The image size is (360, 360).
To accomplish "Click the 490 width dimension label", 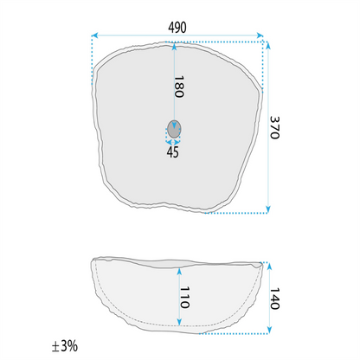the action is pyautogui.click(x=177, y=28).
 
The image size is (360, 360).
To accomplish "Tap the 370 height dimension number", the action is pyautogui.click(x=274, y=127).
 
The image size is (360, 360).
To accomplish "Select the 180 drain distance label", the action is pyautogui.click(x=179, y=87).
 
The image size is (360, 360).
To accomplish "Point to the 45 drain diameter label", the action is pyautogui.click(x=172, y=152).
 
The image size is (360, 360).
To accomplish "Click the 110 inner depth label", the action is pyautogui.click(x=184, y=298).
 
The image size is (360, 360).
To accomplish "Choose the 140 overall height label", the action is pyautogui.click(x=274, y=299).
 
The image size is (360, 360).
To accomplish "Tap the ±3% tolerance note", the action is pyautogui.click(x=65, y=345).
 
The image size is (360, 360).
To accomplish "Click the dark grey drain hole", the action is pyautogui.click(x=174, y=129).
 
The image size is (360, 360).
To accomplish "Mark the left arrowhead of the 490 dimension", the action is pyautogui.click(x=94, y=35).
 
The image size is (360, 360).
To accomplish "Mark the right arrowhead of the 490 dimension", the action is pyautogui.click(x=260, y=35).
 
